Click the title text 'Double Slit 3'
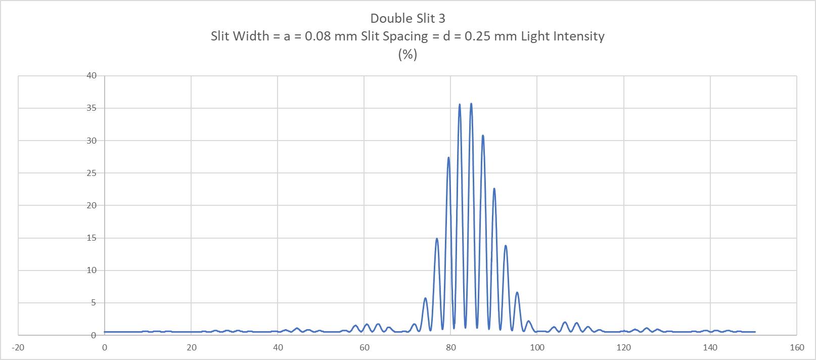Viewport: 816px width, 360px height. point(407,18)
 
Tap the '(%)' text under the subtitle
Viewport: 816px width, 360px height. point(407,54)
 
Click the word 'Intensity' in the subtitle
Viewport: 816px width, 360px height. point(579,36)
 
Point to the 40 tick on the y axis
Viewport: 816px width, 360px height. point(92,76)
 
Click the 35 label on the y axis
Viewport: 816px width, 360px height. point(92,108)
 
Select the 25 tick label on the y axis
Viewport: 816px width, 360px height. point(92,173)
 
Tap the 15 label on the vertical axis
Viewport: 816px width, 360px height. point(92,238)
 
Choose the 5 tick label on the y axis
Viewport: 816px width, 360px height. point(94,303)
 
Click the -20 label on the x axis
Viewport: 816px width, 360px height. point(17,347)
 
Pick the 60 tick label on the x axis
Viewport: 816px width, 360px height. point(364,347)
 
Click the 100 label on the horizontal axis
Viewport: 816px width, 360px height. point(537,347)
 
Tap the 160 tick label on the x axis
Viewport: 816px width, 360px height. point(797,347)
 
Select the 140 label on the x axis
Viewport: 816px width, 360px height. point(710,347)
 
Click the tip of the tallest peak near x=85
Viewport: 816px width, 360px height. point(471,104)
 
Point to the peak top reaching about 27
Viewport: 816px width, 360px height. point(448,157)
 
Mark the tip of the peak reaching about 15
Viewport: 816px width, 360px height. point(437,238)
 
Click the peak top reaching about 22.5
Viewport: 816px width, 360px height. point(494,189)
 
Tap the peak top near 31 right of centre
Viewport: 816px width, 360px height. point(483,136)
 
